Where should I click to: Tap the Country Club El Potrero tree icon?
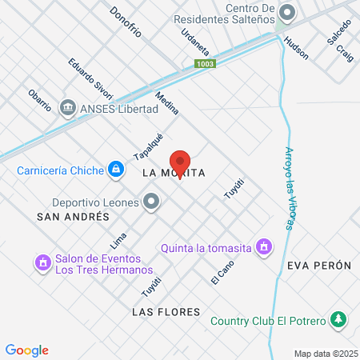pyautogui.click(x=338, y=320)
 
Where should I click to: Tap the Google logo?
pyautogui.click(x=26, y=350)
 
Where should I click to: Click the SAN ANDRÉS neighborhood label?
pyautogui.click(x=73, y=217)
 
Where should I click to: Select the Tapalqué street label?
pyautogui.click(x=149, y=146)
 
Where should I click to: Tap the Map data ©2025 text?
pyautogui.click(x=326, y=353)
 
